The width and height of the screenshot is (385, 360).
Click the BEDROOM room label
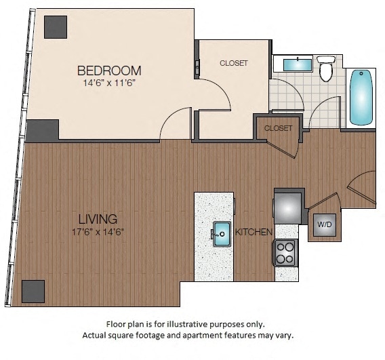click(108, 71)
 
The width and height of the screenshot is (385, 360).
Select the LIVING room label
click(98, 219)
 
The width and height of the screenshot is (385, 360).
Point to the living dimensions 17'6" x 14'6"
click(98, 231)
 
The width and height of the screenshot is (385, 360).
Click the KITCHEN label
click(254, 233)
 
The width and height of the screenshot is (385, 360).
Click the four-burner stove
click(285, 254)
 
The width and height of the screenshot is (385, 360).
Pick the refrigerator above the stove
click(287, 205)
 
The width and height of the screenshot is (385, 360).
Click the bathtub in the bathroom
click(361, 98)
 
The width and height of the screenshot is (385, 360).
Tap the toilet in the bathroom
click(326, 68)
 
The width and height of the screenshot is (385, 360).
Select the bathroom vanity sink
click(296, 65)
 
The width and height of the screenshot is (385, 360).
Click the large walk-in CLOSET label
click(233, 63)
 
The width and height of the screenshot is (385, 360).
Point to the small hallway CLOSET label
click(278, 128)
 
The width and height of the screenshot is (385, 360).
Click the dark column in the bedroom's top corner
click(56, 27)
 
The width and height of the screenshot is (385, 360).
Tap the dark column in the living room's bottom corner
click(33, 291)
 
